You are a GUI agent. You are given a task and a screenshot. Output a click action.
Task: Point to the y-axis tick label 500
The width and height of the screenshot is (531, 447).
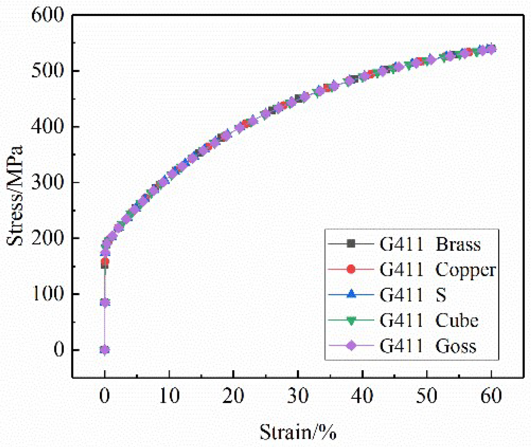47,71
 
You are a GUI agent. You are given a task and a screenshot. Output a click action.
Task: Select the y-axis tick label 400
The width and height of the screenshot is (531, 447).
47,127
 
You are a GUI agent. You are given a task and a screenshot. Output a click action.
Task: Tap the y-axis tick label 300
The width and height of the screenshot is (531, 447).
47,182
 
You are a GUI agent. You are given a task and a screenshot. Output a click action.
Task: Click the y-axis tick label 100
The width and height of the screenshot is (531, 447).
47,294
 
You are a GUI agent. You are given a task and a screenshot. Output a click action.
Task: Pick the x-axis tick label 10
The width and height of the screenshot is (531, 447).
169,396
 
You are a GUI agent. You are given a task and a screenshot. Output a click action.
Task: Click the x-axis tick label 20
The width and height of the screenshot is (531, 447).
233,396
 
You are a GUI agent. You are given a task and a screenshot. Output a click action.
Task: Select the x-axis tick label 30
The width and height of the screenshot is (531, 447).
298,396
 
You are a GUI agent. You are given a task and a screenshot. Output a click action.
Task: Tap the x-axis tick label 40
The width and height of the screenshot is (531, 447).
362,396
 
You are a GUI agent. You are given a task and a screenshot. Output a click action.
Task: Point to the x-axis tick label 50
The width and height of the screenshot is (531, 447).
427,396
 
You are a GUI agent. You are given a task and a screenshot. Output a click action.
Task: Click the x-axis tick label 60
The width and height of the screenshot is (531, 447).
491,396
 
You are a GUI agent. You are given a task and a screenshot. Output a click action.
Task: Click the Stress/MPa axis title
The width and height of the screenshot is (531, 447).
16,196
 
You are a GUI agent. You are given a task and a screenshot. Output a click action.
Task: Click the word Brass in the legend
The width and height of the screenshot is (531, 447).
458,244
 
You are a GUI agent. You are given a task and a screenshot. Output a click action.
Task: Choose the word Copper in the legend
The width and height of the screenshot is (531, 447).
465,270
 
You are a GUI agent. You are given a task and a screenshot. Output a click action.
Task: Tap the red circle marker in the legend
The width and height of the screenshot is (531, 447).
351,269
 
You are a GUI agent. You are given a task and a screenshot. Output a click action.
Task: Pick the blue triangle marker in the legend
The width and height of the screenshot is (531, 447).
351,294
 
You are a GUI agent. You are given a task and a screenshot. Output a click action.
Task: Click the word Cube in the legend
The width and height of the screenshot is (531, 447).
456,321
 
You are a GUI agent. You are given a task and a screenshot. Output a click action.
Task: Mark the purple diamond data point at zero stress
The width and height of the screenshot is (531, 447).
104,350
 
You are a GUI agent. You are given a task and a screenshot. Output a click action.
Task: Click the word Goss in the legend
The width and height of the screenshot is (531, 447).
456,346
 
